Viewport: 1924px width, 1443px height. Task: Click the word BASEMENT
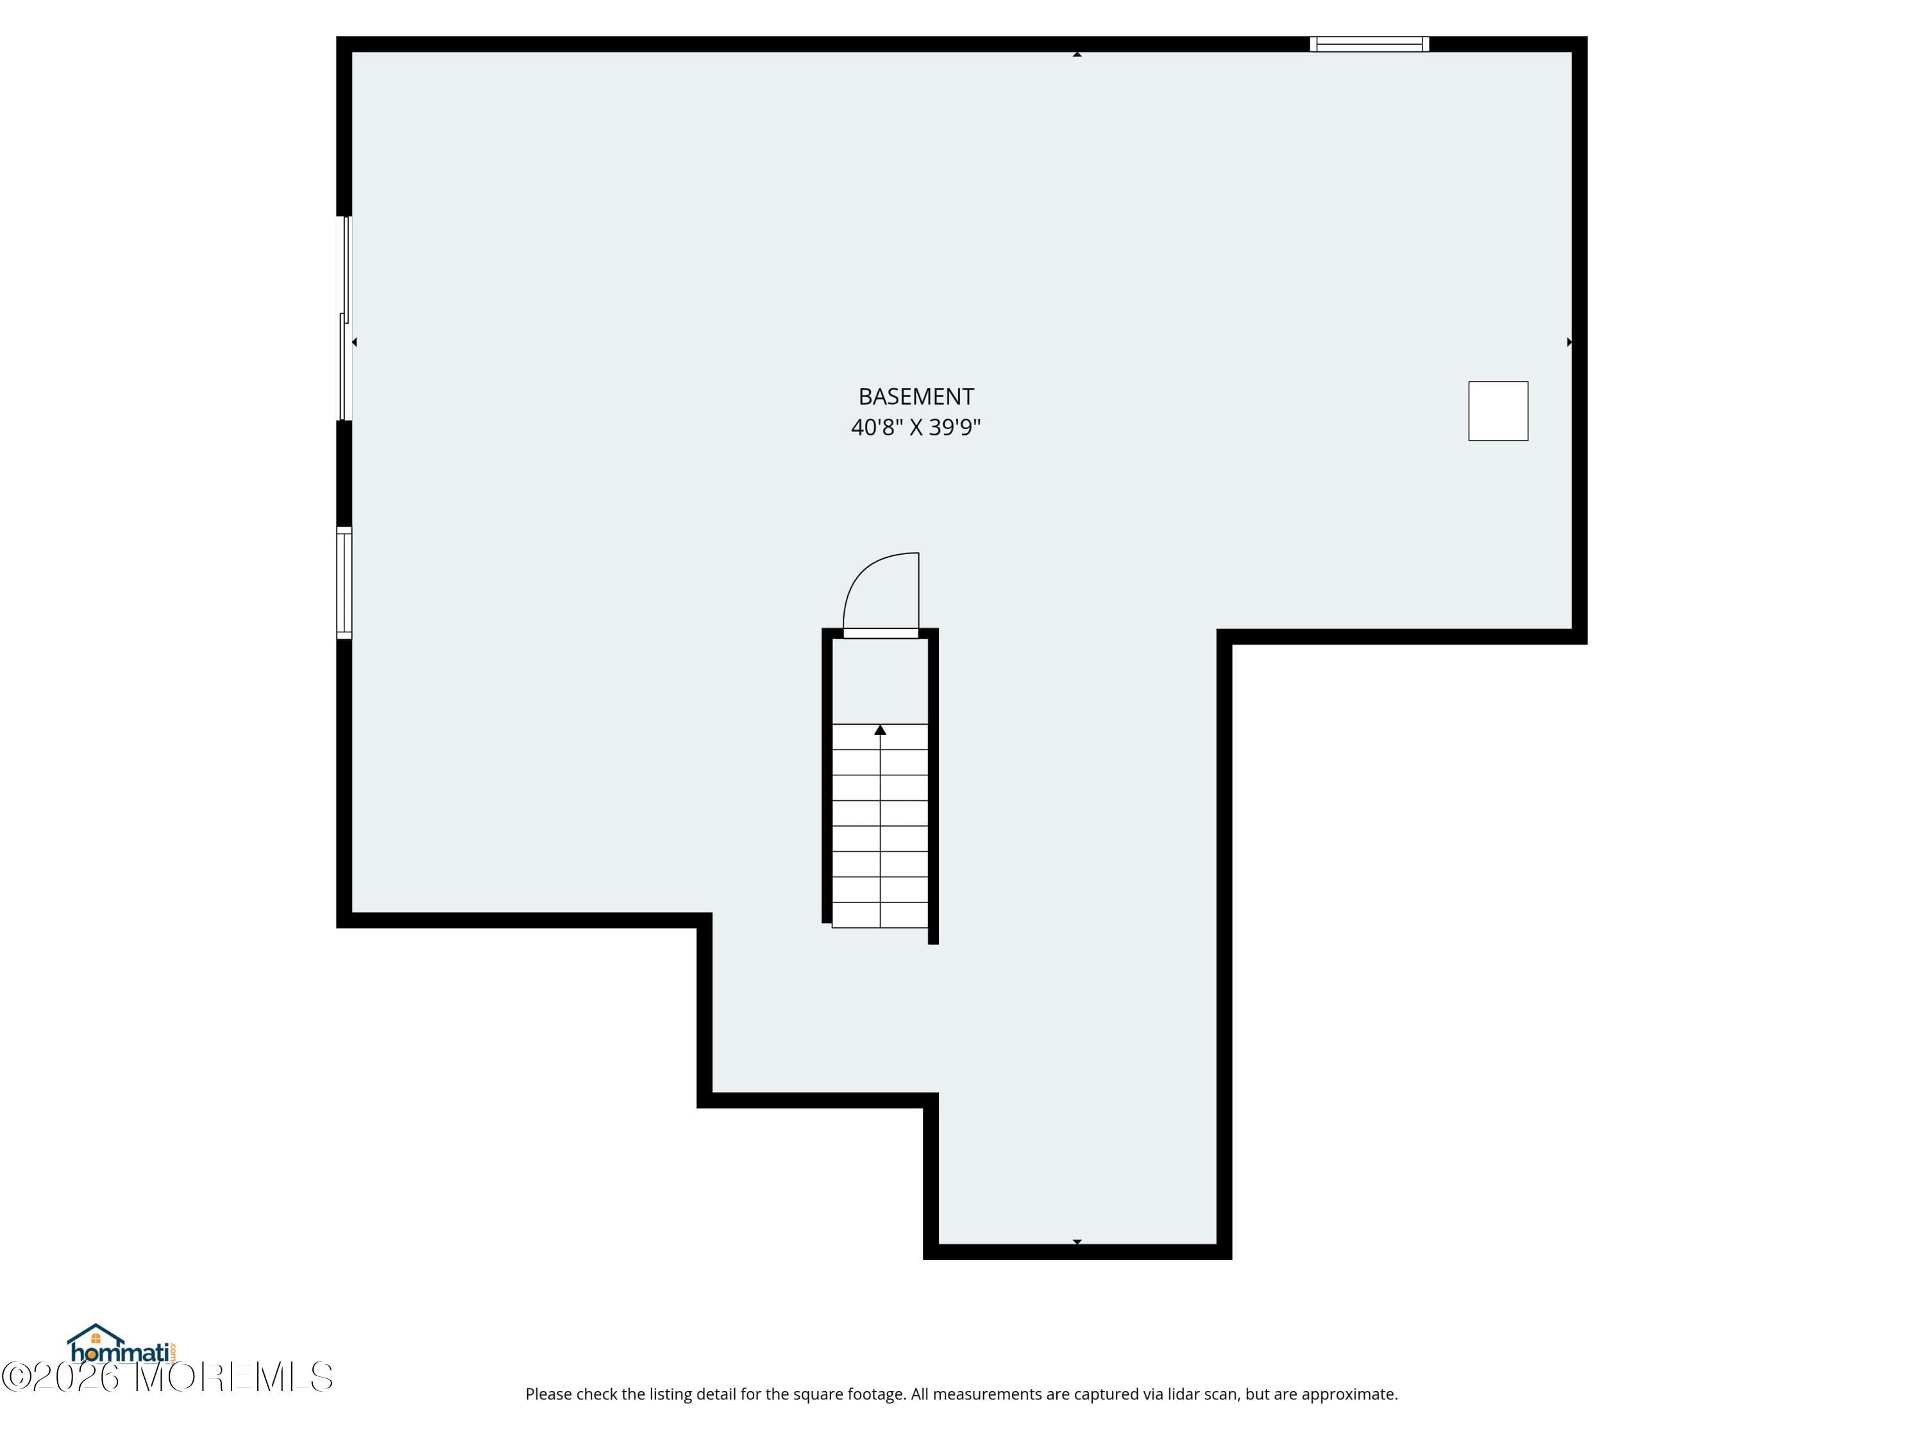[915, 396]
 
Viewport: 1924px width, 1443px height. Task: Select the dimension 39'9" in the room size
[954, 428]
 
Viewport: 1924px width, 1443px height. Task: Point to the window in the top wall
[1369, 44]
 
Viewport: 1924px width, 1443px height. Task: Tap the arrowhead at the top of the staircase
[881, 730]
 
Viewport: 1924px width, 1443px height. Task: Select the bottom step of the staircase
[881, 915]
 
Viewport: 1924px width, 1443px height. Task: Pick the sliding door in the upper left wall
[344, 317]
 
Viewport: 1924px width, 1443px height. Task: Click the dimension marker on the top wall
[1077, 54]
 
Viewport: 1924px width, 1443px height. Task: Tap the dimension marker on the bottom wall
[1077, 1241]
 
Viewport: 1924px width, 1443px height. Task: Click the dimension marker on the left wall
[354, 342]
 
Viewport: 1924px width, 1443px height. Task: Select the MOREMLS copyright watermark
[167, 1378]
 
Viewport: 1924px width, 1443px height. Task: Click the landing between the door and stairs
[881, 680]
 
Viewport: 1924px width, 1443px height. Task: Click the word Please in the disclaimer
[549, 1394]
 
